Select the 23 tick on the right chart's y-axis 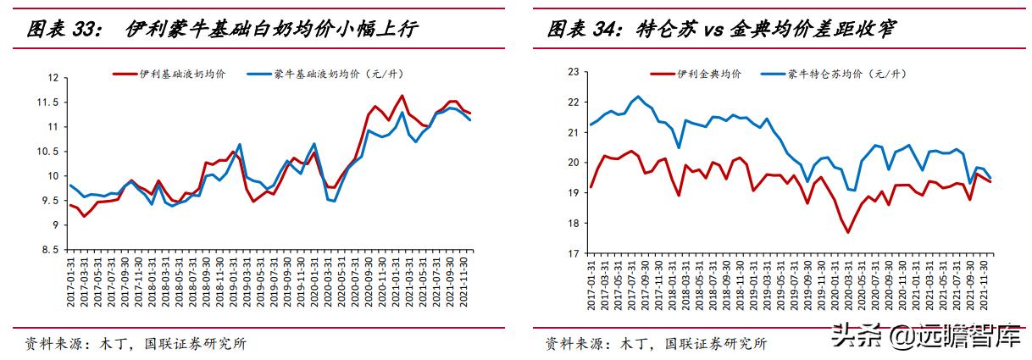[x=574, y=72]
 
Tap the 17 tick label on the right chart [x=574, y=253]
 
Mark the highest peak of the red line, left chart [x=401, y=96]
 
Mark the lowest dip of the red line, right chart [x=847, y=232]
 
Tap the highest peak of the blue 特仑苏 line [x=638, y=97]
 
